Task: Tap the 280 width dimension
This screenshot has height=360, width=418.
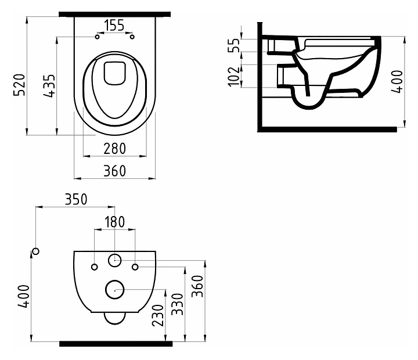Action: coord(115,149)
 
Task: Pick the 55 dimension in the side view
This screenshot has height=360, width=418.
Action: coord(235,46)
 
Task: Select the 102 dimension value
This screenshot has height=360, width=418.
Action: coord(235,75)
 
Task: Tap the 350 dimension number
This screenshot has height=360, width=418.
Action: coord(75,199)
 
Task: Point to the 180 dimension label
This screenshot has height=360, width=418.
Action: coord(115,222)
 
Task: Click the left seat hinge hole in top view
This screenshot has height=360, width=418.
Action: coord(97,37)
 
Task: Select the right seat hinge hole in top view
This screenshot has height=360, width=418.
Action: coord(133,37)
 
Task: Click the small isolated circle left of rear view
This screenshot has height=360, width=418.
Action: coord(36,251)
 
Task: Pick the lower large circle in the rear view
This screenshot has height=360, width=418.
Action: coord(115,288)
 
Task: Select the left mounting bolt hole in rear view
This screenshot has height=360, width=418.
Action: coord(95,267)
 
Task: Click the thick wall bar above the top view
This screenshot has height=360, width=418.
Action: coord(115,13)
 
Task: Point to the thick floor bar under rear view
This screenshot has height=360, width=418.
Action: coord(115,344)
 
